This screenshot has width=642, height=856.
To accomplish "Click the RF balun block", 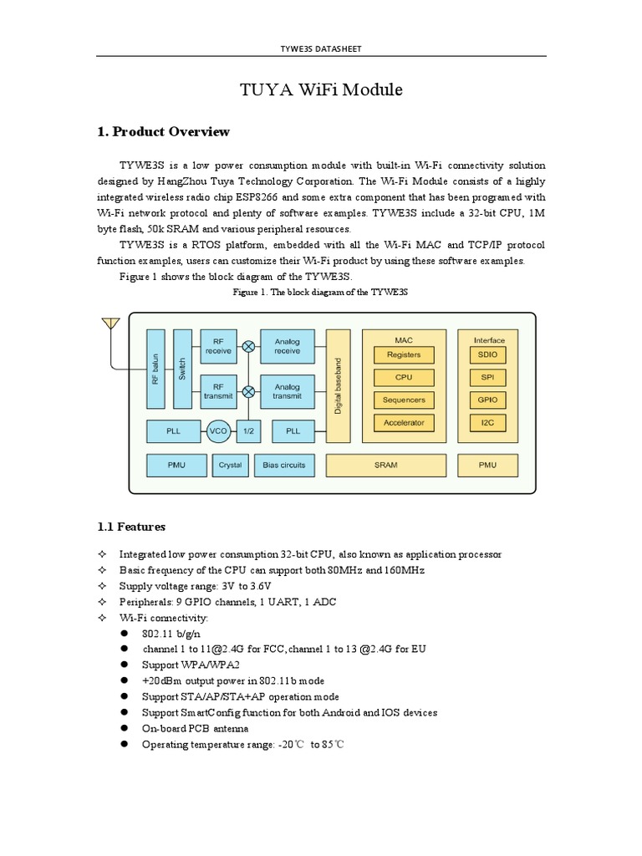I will [x=155, y=368].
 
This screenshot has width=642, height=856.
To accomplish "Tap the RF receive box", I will [x=218, y=345].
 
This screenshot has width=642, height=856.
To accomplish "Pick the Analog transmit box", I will [x=287, y=392].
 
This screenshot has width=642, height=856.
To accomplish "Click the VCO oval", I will [x=218, y=431].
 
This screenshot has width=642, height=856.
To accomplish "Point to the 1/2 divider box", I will [x=248, y=431].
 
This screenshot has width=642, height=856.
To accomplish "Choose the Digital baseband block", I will [x=338, y=385].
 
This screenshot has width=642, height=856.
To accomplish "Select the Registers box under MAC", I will [x=404, y=355].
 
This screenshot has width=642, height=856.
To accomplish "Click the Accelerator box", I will [x=404, y=422].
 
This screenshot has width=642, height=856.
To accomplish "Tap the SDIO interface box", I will [x=488, y=355].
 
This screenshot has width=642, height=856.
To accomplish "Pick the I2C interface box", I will [x=488, y=422].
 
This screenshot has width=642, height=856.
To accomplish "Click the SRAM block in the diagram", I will [x=386, y=464].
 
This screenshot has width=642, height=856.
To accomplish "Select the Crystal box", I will [x=229, y=464].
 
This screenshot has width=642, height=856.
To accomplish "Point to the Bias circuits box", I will [x=283, y=464].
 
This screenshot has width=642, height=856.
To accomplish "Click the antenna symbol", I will [x=110, y=324].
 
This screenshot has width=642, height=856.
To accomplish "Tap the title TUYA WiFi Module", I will [x=320, y=89].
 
